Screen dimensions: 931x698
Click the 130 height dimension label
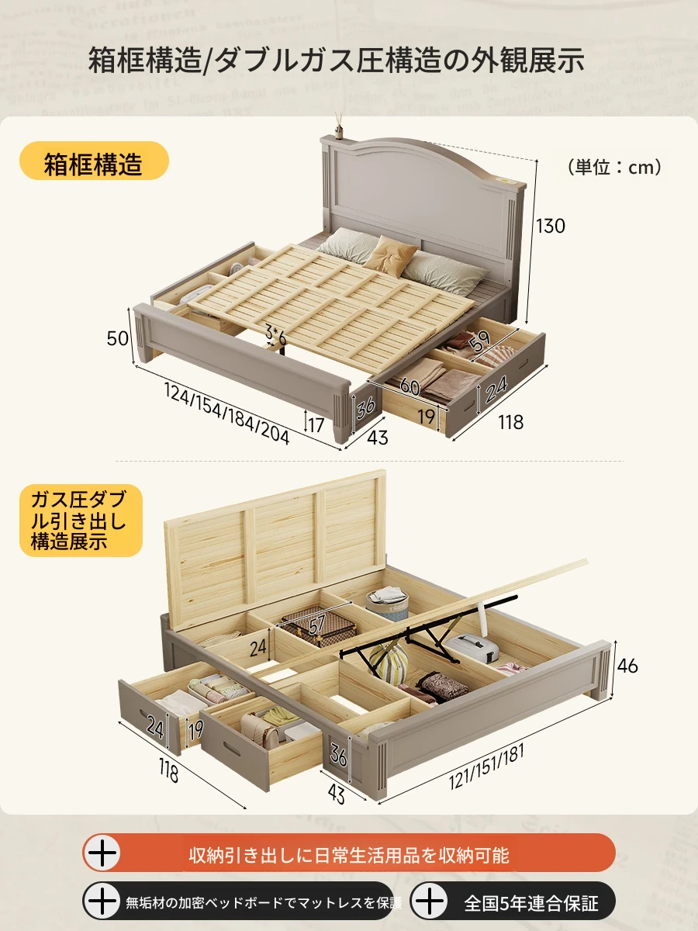(551, 226)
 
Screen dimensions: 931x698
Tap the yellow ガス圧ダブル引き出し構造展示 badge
(81, 520)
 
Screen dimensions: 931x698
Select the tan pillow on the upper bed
(390, 255)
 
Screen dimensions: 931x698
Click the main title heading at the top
(336, 60)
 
